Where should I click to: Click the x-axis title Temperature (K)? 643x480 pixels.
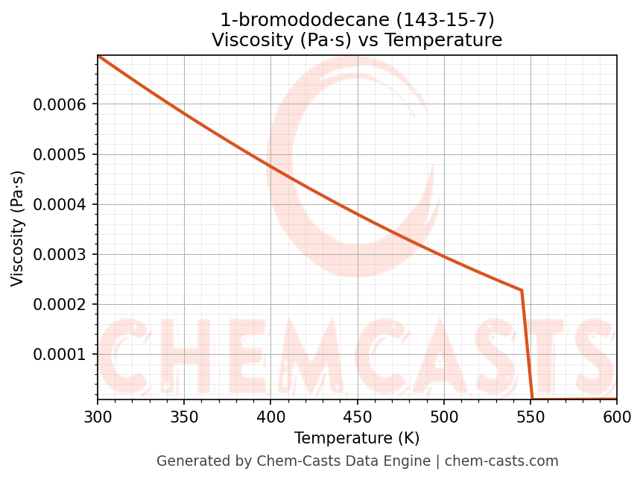(357, 438)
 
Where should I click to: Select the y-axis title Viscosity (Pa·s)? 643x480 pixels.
(19, 228)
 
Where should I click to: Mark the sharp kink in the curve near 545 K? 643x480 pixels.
(522, 290)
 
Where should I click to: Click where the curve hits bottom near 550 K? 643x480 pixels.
(532, 399)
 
